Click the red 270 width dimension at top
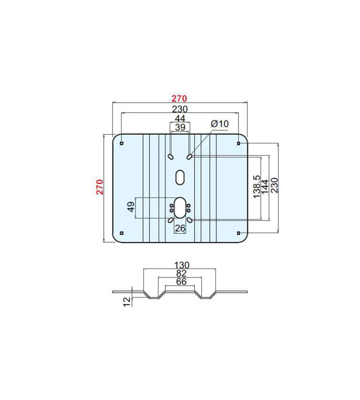[179, 98]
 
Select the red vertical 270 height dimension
[100, 187]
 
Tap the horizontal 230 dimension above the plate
[180, 109]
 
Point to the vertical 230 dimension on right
[274, 185]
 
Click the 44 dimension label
[180, 118]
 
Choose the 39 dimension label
[180, 127]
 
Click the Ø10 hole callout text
[220, 124]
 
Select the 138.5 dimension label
[257, 186]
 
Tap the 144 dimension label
[265, 186]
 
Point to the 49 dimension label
[131, 207]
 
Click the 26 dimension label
[180, 228]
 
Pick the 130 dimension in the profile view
[182, 265]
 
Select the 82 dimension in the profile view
[182, 274]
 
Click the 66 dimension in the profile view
[182, 282]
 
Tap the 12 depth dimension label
[127, 302]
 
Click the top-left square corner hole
[122, 143]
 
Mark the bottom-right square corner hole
[238, 233]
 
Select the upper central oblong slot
[180, 177]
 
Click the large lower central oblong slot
[180, 207]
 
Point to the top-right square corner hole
[238, 143]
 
